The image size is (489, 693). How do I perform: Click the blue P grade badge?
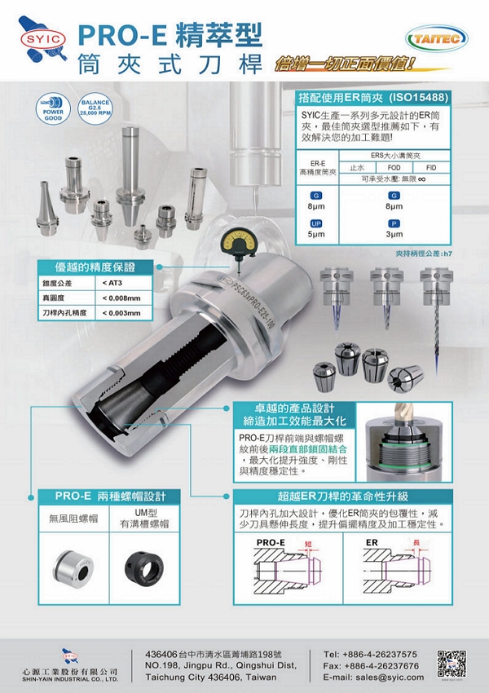pyautogui.click(x=394, y=222)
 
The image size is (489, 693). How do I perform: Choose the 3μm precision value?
pyautogui.click(x=394, y=234)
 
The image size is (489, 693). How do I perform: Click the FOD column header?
pyautogui.click(x=394, y=166)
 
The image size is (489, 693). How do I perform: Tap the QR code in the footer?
pyautogui.click(x=452, y=664)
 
